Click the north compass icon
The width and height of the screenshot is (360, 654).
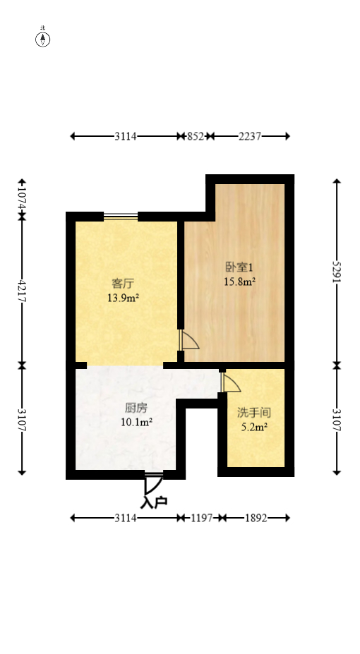tap(43, 39)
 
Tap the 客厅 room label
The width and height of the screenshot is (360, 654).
tap(123, 284)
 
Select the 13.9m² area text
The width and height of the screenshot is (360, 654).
tap(123, 298)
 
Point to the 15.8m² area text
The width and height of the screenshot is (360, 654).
tap(239, 281)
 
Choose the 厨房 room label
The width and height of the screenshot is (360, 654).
tap(136, 408)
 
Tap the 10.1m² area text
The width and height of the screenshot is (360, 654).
tap(136, 423)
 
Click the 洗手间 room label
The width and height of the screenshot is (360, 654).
tap(254, 413)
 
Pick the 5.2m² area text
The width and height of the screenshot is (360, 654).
tap(254, 427)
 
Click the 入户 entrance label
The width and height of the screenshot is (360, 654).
tap(154, 502)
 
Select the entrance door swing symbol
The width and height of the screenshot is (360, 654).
tap(152, 484)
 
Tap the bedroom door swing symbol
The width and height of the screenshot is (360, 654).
tap(189, 340)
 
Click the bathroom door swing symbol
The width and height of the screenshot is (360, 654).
tap(230, 382)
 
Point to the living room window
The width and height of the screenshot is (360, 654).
tap(121, 216)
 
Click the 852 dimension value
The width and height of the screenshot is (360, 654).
tap(195, 137)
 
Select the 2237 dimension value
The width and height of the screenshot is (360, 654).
tap(250, 137)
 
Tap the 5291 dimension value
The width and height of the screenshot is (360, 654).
tap(337, 272)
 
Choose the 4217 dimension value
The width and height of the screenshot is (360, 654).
tap(22, 291)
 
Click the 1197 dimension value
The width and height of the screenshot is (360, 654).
tap(201, 518)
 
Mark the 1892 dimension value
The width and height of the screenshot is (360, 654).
tap(255, 518)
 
